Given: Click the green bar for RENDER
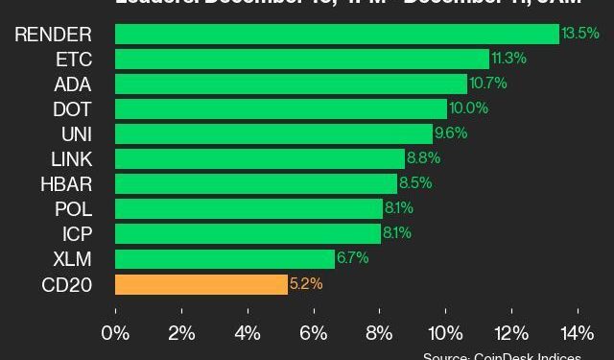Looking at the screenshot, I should [x=336, y=35].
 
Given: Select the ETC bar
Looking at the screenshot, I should [x=301, y=60].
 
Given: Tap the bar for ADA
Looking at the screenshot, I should [x=291, y=84].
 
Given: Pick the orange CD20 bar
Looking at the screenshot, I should [x=201, y=284].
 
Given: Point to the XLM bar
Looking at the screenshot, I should [x=224, y=259].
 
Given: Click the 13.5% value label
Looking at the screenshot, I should [x=581, y=34].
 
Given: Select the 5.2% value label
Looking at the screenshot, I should [x=306, y=284].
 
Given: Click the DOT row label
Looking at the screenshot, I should [x=73, y=109].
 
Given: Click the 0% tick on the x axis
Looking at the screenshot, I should [x=115, y=333].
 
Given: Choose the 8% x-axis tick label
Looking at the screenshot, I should [x=380, y=333].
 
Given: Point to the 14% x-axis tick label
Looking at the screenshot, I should [x=578, y=333].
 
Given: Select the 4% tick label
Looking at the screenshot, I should [x=248, y=333].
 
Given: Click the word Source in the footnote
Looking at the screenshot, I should [x=445, y=356].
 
